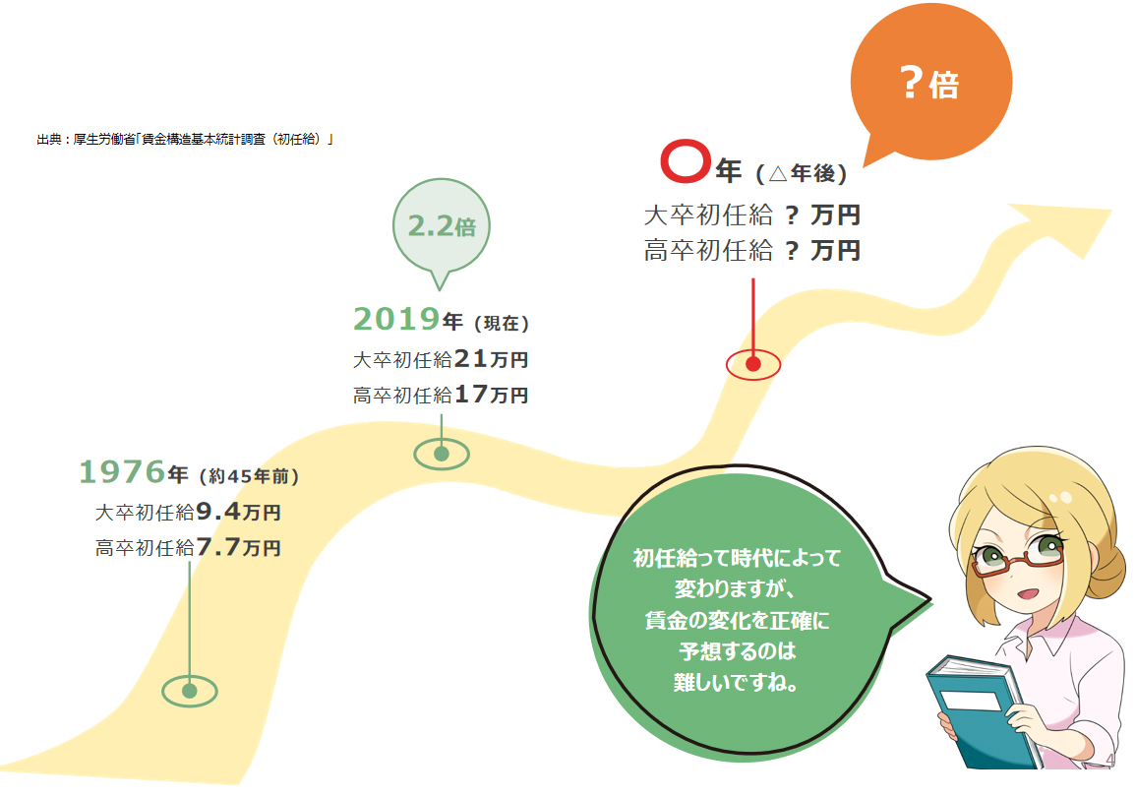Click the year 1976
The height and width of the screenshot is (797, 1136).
coord(122,471)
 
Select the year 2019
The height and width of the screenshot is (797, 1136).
coord(397,319)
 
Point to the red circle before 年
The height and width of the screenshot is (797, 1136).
coord(685,160)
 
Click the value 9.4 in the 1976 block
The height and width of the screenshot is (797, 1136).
coord(217,512)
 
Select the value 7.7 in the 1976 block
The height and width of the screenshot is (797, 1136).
coord(217,547)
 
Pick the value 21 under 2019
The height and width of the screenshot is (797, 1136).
coord(470,358)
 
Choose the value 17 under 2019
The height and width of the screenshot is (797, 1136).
coord(470,395)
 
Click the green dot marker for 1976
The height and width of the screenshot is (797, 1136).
coord(190,691)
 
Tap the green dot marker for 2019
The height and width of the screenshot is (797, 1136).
coord(442,455)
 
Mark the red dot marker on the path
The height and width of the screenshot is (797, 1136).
coord(753,364)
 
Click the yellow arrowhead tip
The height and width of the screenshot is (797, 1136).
coord(1110,211)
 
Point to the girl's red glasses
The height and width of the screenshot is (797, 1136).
coord(1019,559)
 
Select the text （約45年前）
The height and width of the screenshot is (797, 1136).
coord(249,476)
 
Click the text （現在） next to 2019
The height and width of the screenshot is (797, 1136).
coord(502,323)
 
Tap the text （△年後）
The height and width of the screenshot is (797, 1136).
coord(801,173)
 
